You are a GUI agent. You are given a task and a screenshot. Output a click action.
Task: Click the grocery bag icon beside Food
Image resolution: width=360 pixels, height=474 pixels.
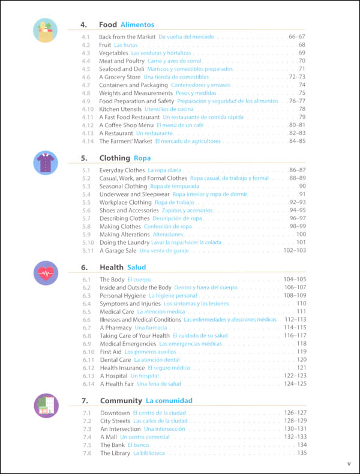46,31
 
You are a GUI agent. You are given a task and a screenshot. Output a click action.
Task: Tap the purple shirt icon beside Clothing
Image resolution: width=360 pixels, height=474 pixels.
46,163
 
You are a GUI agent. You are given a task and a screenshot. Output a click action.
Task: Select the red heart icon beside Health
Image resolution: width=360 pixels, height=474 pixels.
46,273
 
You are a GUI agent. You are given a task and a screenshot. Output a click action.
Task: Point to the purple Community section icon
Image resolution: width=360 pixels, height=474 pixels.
46,405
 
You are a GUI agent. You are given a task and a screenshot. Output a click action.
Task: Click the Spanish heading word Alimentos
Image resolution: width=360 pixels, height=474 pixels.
137,25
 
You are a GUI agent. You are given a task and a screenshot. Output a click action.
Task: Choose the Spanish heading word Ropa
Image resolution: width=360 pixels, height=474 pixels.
143,158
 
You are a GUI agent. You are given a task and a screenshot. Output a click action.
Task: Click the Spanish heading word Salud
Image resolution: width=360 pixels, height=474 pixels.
137,267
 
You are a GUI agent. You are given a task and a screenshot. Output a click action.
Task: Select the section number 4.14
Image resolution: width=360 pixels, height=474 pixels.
87,142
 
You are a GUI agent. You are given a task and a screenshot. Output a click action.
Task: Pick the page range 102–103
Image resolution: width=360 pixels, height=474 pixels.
295,250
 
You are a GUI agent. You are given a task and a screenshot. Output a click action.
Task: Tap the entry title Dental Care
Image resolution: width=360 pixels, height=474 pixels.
116,359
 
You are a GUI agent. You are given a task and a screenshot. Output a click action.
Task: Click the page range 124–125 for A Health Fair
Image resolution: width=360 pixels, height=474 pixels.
295,383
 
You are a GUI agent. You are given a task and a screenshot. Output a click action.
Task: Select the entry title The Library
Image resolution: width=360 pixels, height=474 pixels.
115,453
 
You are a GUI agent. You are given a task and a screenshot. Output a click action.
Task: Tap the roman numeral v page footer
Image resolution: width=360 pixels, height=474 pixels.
349,464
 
